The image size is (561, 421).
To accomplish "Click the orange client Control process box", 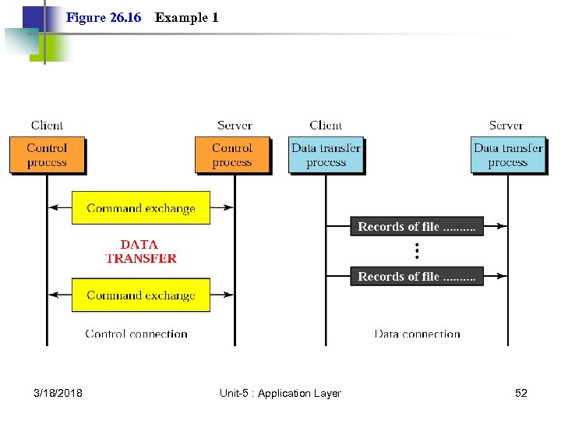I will click(x=47, y=155).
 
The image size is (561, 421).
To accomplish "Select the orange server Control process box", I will click(x=232, y=155).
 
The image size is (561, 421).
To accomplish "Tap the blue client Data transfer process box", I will click(x=326, y=155).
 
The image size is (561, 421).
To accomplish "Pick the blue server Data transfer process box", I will click(x=508, y=155).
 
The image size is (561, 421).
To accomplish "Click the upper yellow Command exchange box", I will click(x=141, y=208).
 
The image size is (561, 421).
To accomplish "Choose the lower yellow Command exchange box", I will click(x=141, y=295).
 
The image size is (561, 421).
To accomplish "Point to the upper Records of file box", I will click(x=417, y=227).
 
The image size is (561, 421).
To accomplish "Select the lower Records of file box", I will click(x=417, y=277).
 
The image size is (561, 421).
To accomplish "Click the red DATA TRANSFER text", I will click(x=140, y=251).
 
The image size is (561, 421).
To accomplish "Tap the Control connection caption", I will click(x=136, y=334).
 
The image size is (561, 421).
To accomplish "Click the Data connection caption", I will click(x=418, y=334).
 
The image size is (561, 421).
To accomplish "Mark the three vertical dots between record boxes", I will click(x=417, y=251).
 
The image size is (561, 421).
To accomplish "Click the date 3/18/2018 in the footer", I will click(x=58, y=393).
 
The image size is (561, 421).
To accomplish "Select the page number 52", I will click(x=520, y=393).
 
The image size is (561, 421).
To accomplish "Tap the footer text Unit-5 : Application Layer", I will click(x=280, y=393).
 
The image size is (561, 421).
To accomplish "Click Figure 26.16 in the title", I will click(x=104, y=17).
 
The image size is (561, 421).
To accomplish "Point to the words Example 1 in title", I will click(x=186, y=17).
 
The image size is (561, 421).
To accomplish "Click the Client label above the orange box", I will click(x=47, y=125).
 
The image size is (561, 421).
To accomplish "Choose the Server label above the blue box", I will click(x=506, y=125).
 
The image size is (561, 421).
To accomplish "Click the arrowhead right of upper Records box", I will click(x=503, y=227).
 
